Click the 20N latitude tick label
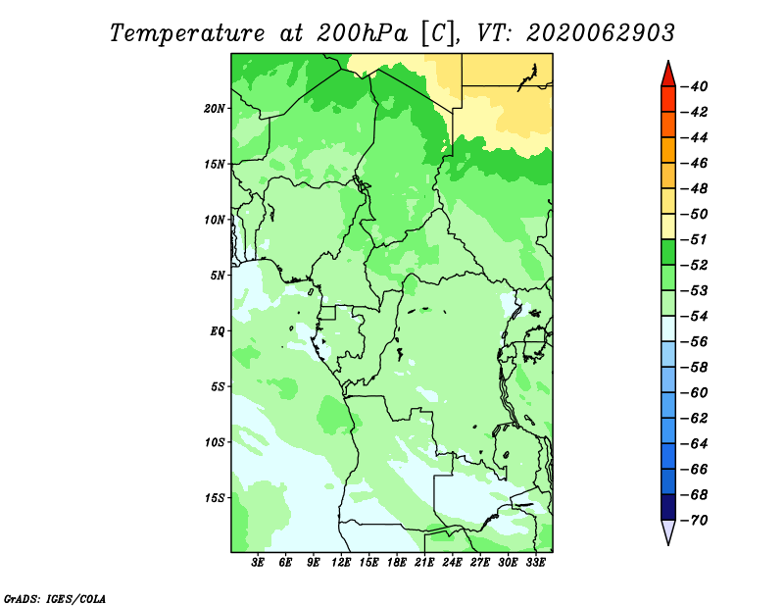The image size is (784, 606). [x=215, y=109]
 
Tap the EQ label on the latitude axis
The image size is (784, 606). [x=218, y=331]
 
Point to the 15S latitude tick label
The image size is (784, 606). [x=215, y=498]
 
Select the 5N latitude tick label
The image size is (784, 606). [x=218, y=276]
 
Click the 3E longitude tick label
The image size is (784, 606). [x=258, y=563]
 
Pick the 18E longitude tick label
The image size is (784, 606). [x=397, y=563]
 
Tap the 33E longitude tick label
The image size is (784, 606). [x=535, y=563]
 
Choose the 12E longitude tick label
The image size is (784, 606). [x=341, y=563]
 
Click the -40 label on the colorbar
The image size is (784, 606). [x=695, y=86]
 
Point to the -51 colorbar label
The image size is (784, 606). [x=695, y=239]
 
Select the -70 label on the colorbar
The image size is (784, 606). [x=695, y=521]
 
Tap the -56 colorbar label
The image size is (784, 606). [x=695, y=342]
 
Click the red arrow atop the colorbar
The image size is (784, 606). [x=668, y=76]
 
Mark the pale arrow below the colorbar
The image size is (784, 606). [x=668, y=530]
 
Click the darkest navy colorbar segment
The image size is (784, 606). [x=668, y=507]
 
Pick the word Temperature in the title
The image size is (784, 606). [x=187, y=33]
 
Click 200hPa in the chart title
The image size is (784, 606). [x=363, y=33]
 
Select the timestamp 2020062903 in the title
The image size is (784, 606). [x=601, y=33]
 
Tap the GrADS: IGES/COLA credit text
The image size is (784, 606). [x=55, y=599]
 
